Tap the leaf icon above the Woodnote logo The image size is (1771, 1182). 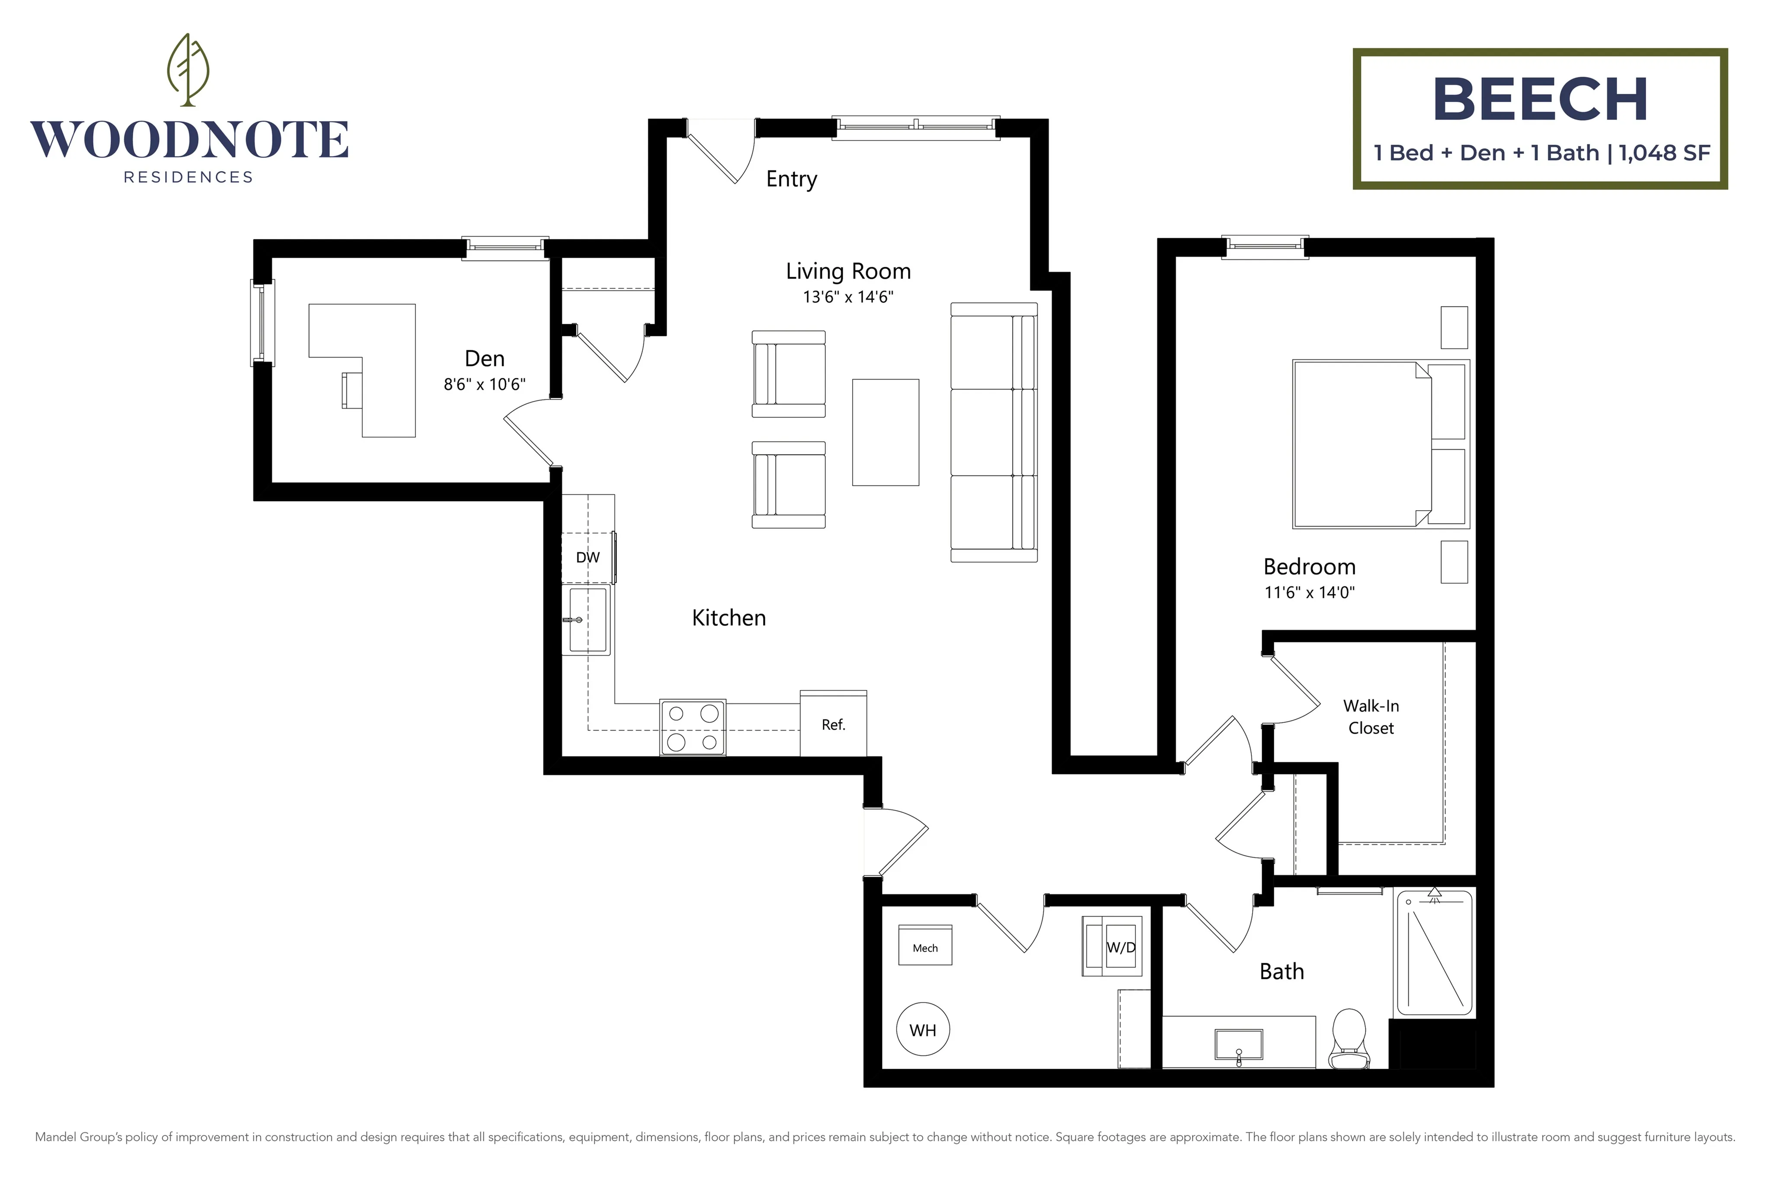click(x=188, y=69)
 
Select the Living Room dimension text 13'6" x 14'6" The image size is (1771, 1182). click(x=848, y=297)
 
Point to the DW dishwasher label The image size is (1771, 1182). click(x=588, y=558)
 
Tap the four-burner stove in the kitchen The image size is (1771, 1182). click(x=693, y=728)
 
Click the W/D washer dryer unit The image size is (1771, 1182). click(x=1112, y=946)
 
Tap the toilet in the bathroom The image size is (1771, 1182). click(x=1349, y=1039)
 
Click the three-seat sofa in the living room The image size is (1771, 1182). click(x=994, y=432)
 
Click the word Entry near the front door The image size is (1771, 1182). click(x=792, y=179)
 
